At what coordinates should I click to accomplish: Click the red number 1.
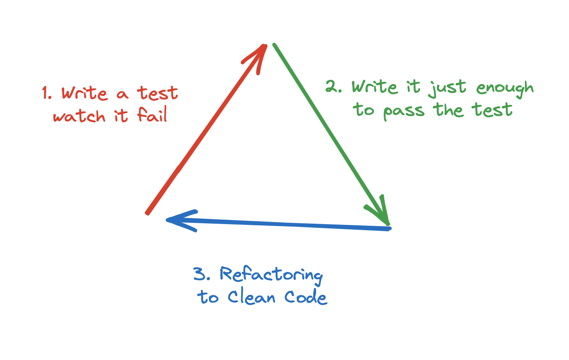pyautogui.click(x=45, y=93)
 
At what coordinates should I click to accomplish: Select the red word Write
pyautogui.click(x=84, y=93)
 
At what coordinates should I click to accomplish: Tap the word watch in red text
pyautogui.click(x=79, y=116)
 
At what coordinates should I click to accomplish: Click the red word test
pyautogui.click(x=158, y=93)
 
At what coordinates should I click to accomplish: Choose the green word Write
pyautogui.click(x=374, y=87)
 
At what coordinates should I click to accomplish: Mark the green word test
pyautogui.click(x=492, y=110)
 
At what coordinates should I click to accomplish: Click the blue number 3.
pyautogui.click(x=200, y=274)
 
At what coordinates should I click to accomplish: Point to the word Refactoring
pyautogui.click(x=271, y=275)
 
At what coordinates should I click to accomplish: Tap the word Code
pyautogui.click(x=306, y=298)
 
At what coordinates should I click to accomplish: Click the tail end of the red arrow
pyautogui.click(x=148, y=212)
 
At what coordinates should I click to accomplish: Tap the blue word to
pyautogui.click(x=208, y=298)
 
